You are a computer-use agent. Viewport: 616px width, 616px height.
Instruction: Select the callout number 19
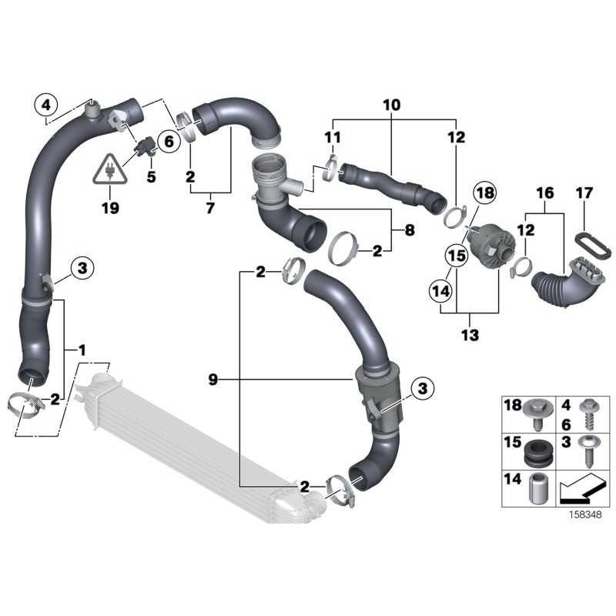tap(111, 208)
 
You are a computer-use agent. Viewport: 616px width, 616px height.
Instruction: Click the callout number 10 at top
tap(391, 104)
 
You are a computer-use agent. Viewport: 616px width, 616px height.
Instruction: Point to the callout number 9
tap(213, 379)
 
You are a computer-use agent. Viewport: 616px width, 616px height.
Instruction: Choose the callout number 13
tap(470, 335)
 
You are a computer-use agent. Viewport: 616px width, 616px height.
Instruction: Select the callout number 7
tap(210, 208)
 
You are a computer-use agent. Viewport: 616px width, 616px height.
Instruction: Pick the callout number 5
tap(150, 177)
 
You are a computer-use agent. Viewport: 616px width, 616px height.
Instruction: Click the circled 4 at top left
tap(47, 103)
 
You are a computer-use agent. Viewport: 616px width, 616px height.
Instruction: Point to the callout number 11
tap(332, 137)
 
